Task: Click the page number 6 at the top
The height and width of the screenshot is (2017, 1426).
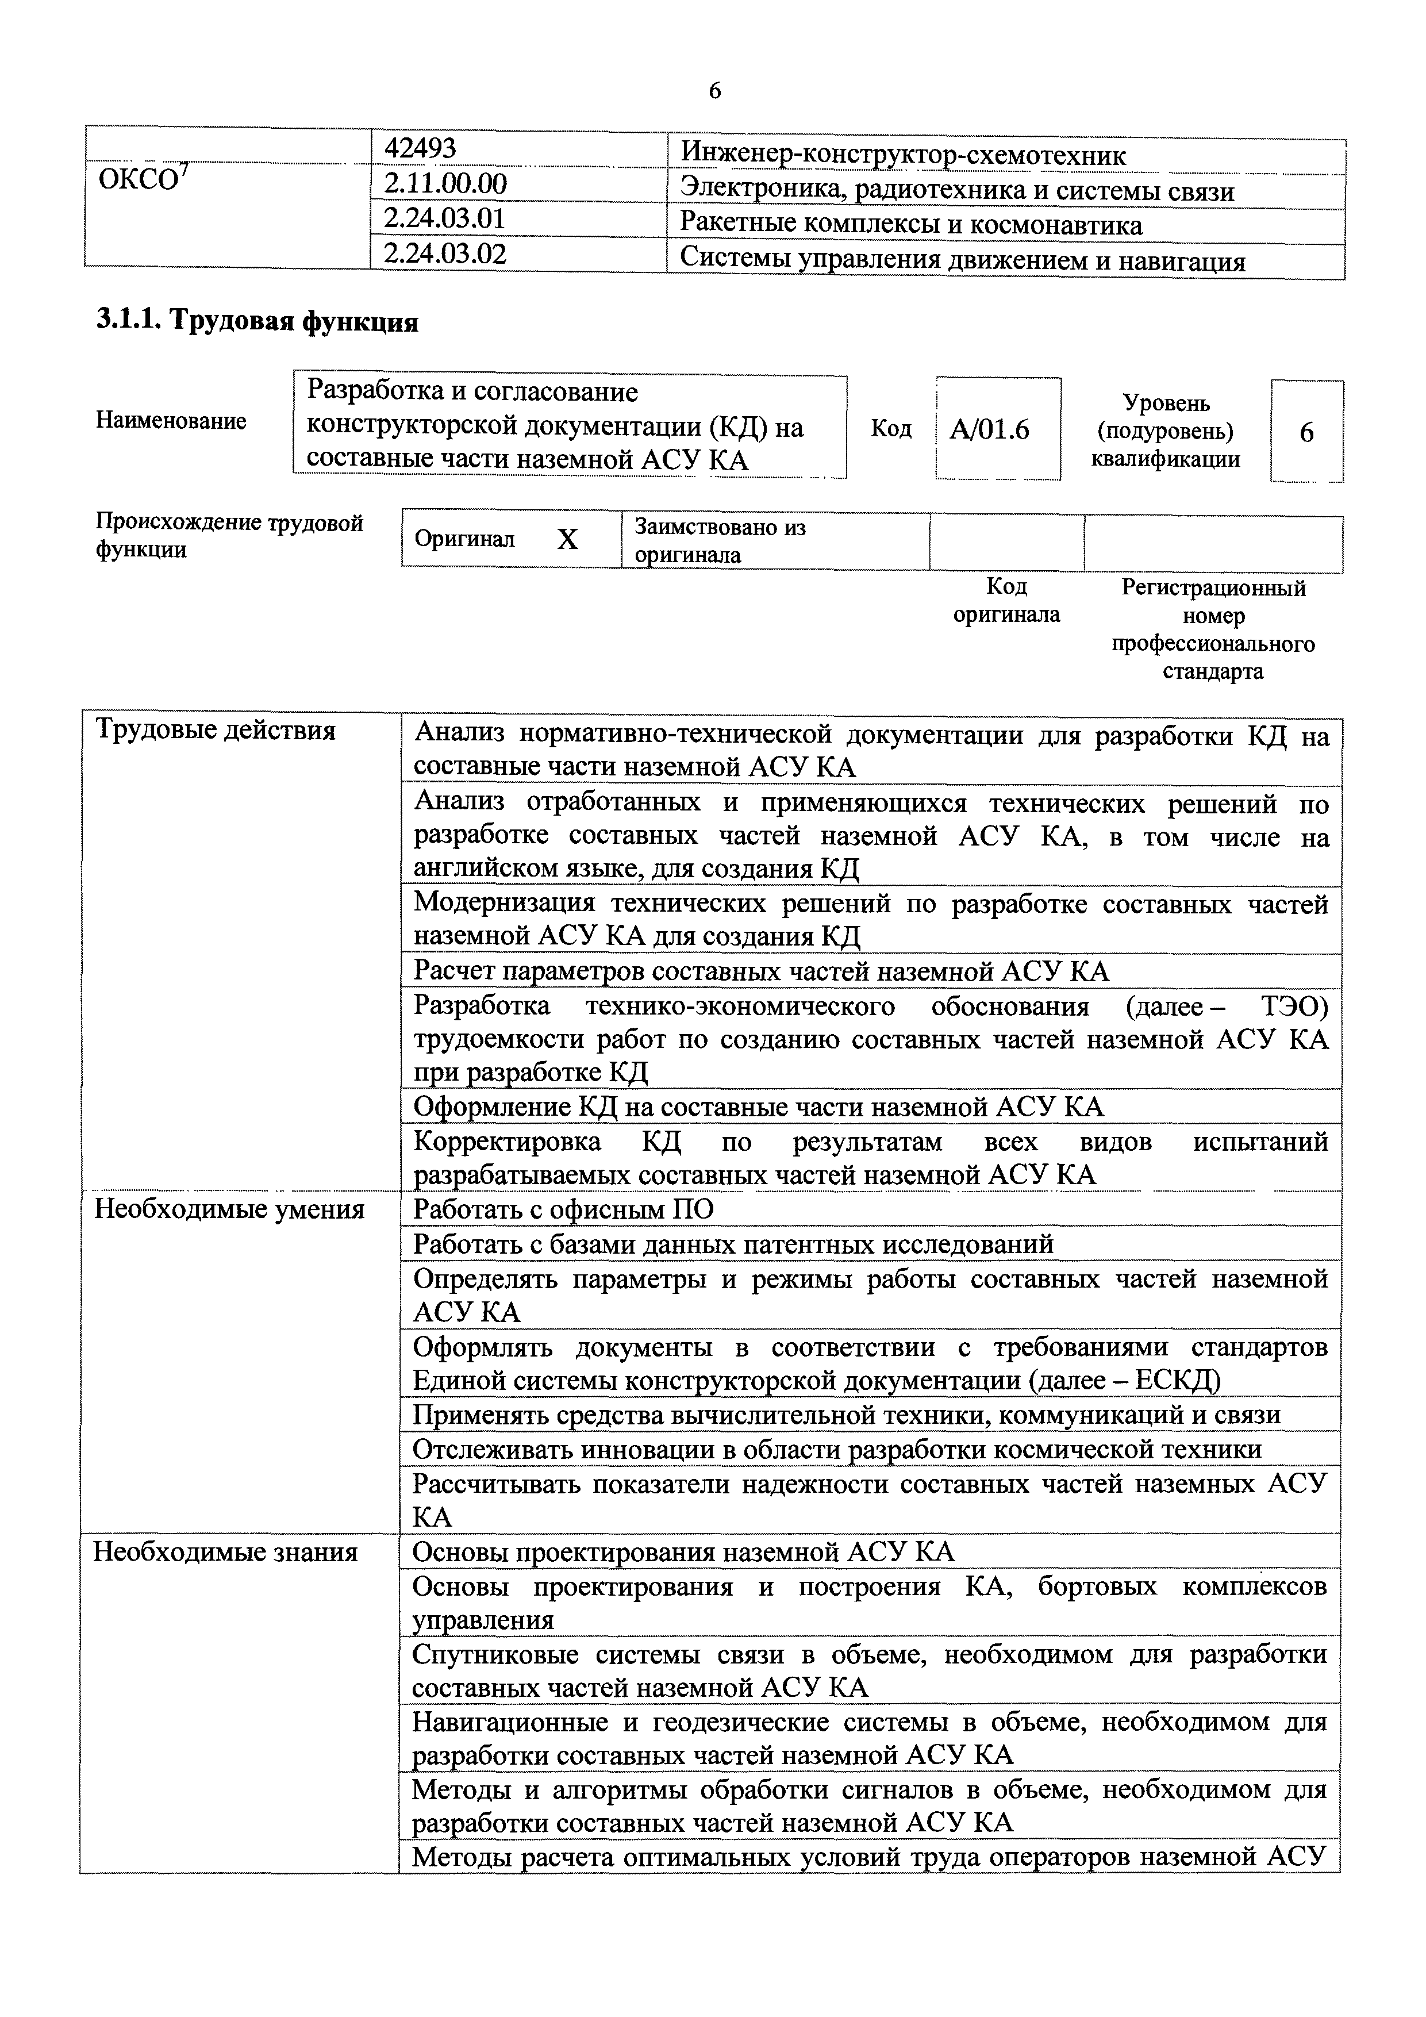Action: (713, 90)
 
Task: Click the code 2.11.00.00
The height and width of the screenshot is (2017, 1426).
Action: (445, 185)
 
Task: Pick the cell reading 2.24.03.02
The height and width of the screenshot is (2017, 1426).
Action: (445, 255)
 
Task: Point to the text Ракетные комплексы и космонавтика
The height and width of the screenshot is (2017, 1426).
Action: (910, 226)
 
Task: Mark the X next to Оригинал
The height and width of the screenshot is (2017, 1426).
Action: (568, 539)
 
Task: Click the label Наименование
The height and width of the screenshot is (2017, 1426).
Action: (171, 421)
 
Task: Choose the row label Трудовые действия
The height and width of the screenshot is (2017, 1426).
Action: (216, 730)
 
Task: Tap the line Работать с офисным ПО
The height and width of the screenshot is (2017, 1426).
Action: (563, 1209)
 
